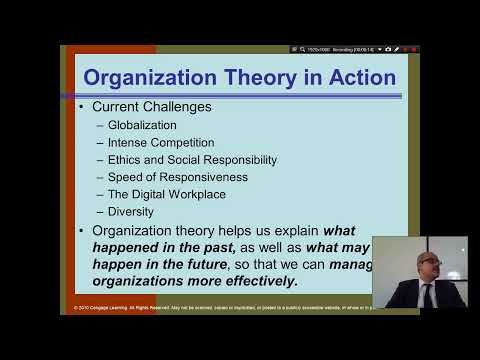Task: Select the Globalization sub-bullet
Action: pyautogui.click(x=142, y=125)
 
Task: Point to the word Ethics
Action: pyautogui.click(x=126, y=160)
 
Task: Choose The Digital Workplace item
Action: pyautogui.click(x=166, y=194)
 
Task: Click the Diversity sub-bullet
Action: pyautogui.click(x=130, y=211)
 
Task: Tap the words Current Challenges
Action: pyautogui.click(x=151, y=106)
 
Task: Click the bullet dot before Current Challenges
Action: pyautogui.click(x=80, y=106)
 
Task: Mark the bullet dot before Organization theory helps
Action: pyautogui.click(x=80, y=231)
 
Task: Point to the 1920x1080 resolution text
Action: pyautogui.click(x=317, y=49)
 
